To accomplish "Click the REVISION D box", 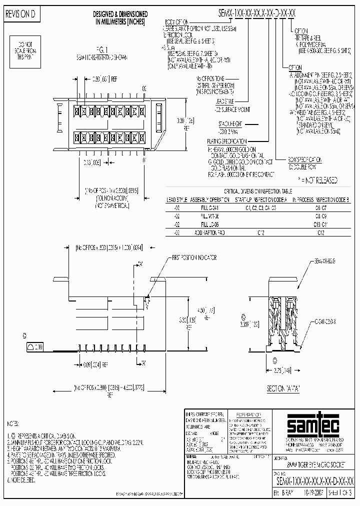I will pos(20,15).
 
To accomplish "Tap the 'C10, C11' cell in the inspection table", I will pos(322,223).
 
